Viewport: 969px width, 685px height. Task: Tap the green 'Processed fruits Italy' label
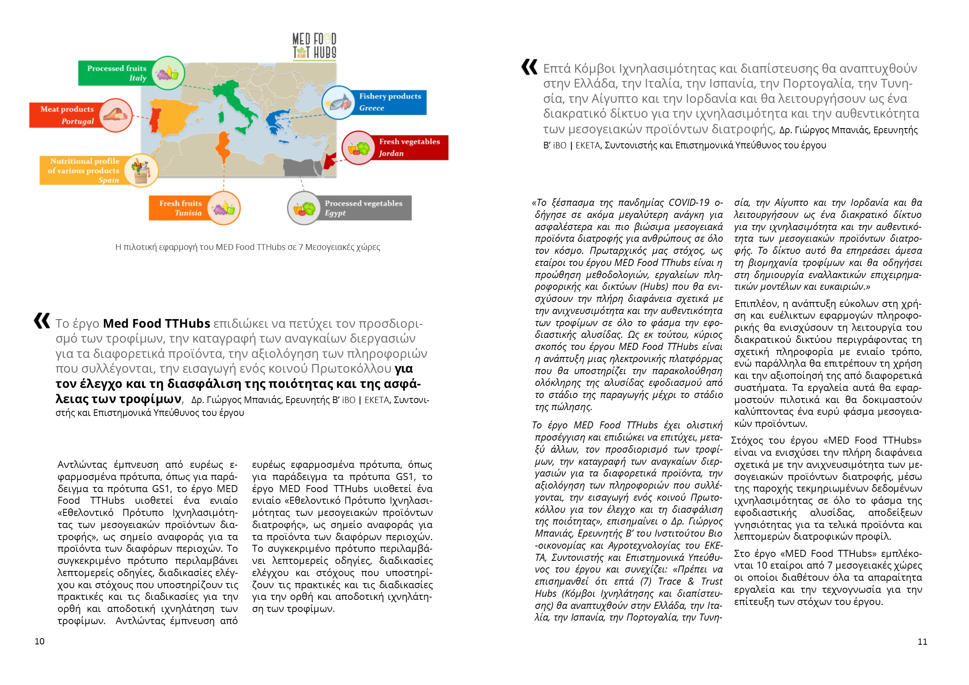(116, 73)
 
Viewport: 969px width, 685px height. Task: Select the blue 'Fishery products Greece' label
(390, 102)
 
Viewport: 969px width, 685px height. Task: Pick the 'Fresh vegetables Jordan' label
(409, 147)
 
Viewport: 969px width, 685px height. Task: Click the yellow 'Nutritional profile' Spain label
(84, 170)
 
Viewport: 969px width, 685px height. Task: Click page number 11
(922, 642)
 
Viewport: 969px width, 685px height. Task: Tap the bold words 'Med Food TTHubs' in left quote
(156, 323)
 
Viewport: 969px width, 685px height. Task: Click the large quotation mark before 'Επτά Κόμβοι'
(529, 67)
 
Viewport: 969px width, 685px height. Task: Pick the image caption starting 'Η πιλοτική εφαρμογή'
(247, 247)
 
